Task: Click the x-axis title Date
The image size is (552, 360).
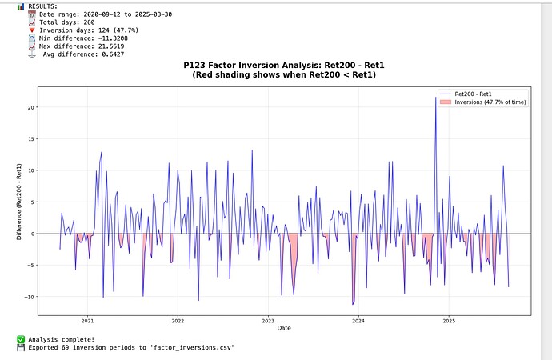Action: [284, 328]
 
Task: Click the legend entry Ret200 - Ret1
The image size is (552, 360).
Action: [475, 94]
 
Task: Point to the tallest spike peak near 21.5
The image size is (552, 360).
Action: [436, 98]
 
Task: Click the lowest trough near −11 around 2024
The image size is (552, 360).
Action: [353, 305]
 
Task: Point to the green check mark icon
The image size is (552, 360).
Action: [21, 339]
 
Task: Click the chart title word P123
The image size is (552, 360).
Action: [195, 64]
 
